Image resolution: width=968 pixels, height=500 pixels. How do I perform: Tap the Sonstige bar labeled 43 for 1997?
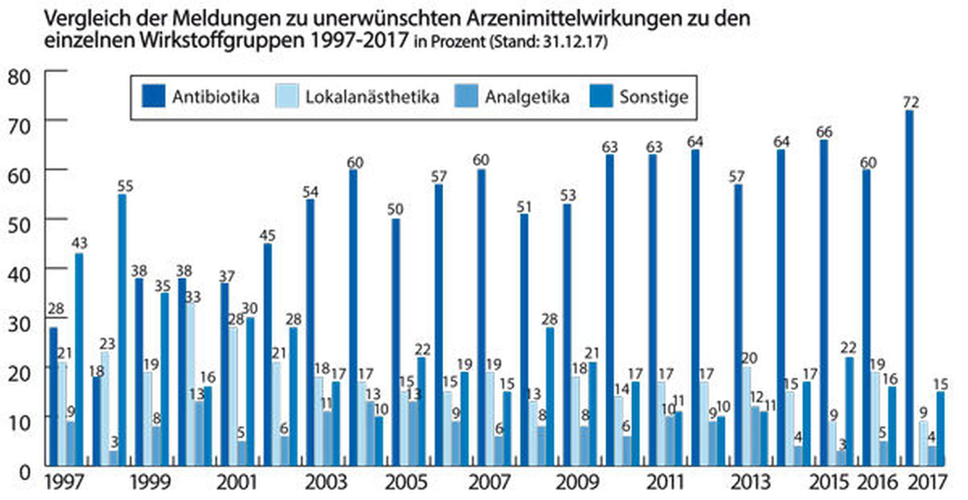(x=79, y=359)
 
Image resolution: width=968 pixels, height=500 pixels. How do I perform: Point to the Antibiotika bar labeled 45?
(x=267, y=354)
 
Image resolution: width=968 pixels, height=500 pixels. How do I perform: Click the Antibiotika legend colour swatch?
(x=153, y=96)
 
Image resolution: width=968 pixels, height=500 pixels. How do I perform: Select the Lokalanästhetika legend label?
(x=372, y=97)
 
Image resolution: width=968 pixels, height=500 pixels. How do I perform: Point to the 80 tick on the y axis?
(x=19, y=77)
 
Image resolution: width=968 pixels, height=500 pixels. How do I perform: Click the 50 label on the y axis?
(x=19, y=225)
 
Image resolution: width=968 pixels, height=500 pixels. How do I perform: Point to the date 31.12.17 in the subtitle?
(x=573, y=41)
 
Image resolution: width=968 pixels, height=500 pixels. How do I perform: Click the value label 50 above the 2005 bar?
(x=395, y=209)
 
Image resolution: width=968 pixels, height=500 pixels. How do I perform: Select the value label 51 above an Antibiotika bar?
(x=524, y=207)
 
